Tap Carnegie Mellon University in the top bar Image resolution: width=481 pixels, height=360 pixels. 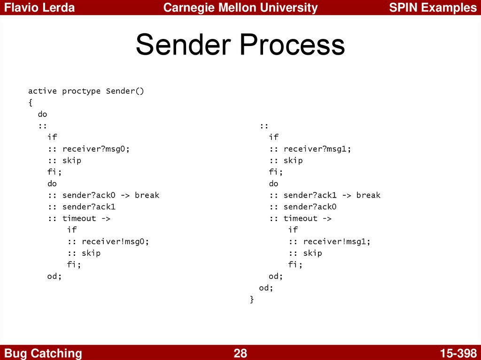240,8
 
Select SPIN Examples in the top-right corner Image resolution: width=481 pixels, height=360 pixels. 433,8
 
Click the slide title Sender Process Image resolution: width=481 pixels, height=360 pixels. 240,46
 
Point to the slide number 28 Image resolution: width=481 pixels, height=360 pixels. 240,353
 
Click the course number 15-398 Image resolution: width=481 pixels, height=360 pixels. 458,353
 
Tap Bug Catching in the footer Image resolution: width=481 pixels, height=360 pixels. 43,353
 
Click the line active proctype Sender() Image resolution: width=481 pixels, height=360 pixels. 86,91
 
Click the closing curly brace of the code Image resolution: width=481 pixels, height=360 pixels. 252,299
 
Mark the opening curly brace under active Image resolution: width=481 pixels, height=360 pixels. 30,103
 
